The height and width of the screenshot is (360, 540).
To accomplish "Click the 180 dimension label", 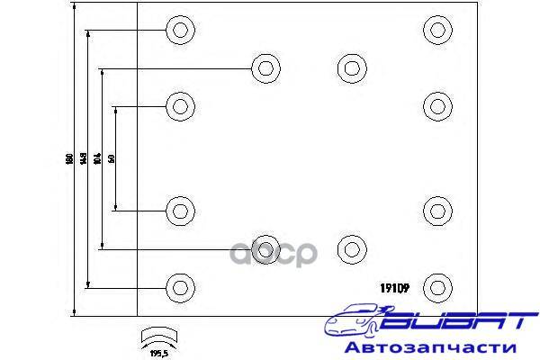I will (68, 159).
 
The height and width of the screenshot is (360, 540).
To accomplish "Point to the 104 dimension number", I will (98, 158).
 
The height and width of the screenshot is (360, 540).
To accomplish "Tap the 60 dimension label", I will (112, 158).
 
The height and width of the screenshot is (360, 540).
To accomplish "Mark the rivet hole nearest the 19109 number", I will (436, 287).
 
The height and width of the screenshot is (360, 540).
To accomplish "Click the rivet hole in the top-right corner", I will (436, 30).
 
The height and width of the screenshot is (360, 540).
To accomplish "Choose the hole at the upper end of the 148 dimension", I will (180, 30).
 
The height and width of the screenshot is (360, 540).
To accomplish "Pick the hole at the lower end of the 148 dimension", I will (180, 287).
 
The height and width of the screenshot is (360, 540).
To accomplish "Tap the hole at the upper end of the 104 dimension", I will (265, 67).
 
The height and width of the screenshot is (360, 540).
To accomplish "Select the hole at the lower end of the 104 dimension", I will (265, 247).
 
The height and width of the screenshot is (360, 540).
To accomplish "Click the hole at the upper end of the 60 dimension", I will (180, 106).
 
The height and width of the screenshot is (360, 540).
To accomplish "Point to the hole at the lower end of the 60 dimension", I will (180, 211).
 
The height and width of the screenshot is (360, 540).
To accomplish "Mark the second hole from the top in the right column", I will (436, 106).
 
